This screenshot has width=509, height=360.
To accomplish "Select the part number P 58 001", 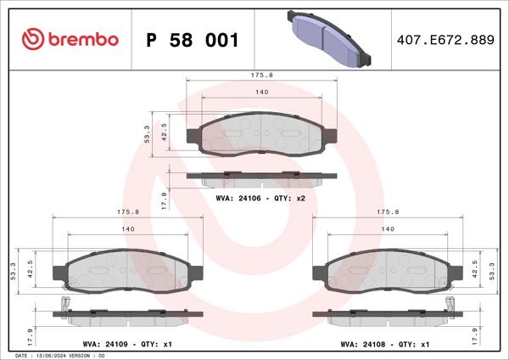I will pyautogui.click(x=193, y=40).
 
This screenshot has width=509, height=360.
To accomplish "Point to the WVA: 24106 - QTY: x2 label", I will pyautogui.click(x=260, y=197).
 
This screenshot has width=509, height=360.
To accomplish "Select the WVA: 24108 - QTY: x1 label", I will pyautogui.click(x=385, y=344).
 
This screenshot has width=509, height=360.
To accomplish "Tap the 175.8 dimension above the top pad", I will pyautogui.click(x=261, y=74).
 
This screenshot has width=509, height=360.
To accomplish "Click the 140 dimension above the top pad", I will pyautogui.click(x=261, y=91).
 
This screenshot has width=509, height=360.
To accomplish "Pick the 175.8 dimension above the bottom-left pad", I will pyautogui.click(x=127, y=212).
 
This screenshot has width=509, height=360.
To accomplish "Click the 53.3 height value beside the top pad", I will pyautogui.click(x=147, y=133).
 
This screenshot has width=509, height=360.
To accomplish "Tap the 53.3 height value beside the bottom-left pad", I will pyautogui.click(x=12, y=270).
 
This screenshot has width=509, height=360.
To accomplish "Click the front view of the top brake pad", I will pyautogui.click(x=261, y=133).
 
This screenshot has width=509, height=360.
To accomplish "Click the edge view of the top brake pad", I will pyautogui.click(x=261, y=177).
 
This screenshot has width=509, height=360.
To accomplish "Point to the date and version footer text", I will pyautogui.click(x=59, y=356).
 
